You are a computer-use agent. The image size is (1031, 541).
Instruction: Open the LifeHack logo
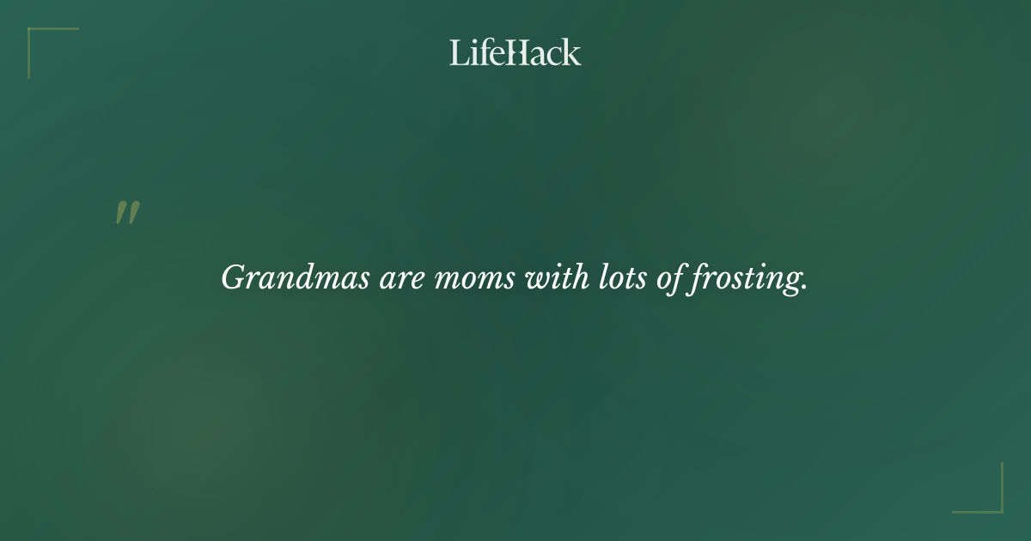(515, 52)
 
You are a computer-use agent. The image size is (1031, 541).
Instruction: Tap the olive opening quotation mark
(127, 213)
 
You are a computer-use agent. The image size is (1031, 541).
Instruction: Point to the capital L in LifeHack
(458, 52)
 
